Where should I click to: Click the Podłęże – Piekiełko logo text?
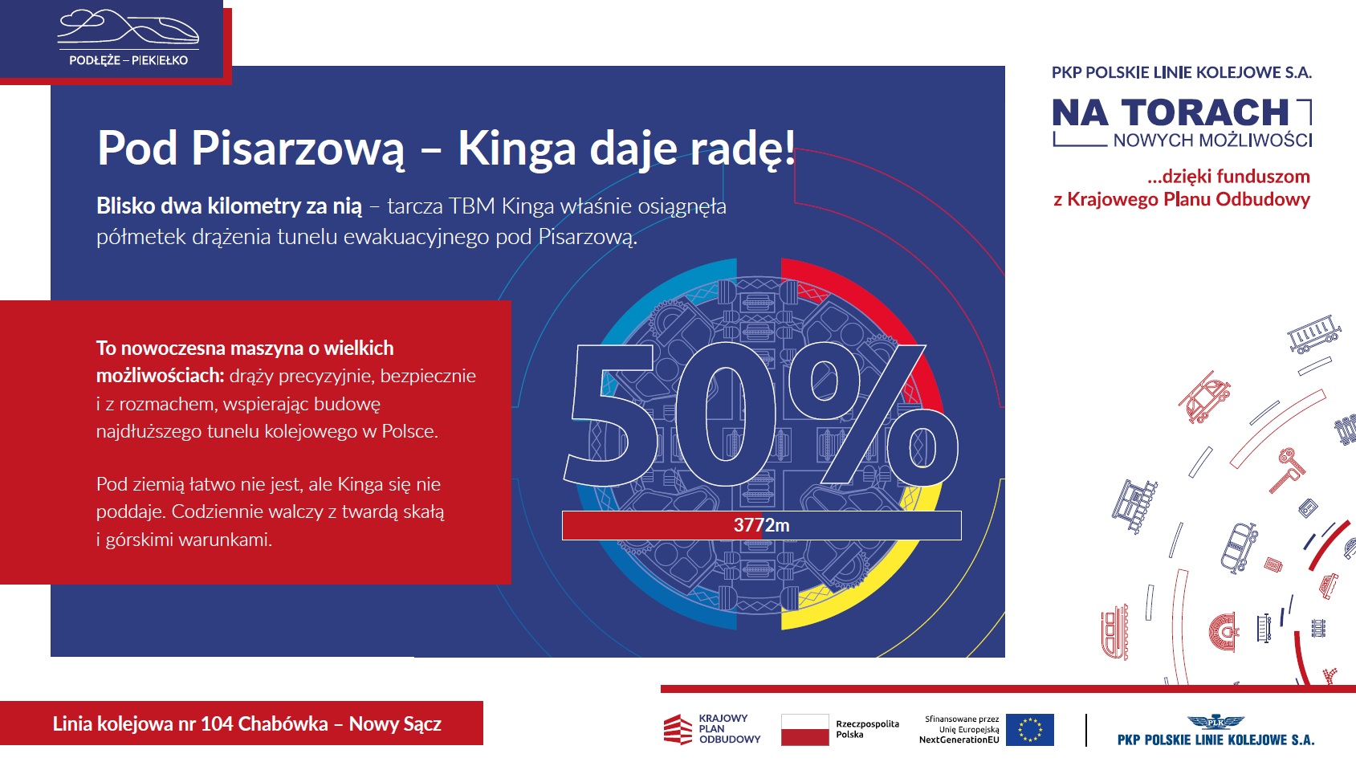click(x=128, y=60)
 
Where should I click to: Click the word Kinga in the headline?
click(x=516, y=149)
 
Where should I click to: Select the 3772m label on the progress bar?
click(x=762, y=525)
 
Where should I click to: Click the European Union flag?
click(x=1030, y=729)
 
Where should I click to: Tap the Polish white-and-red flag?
click(x=804, y=729)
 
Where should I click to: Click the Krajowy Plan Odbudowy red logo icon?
click(x=678, y=729)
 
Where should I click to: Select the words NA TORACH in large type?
click(x=1171, y=113)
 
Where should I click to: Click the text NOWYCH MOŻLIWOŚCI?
click(x=1212, y=141)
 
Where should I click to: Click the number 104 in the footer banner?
click(x=216, y=724)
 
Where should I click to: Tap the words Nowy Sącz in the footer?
click(x=395, y=724)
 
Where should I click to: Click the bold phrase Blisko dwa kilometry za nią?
click(x=230, y=206)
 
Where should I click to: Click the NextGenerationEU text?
click(x=959, y=740)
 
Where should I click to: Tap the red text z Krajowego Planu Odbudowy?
click(x=1182, y=200)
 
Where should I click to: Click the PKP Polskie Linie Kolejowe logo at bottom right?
click(x=1216, y=731)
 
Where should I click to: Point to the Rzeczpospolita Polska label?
click(x=868, y=729)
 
